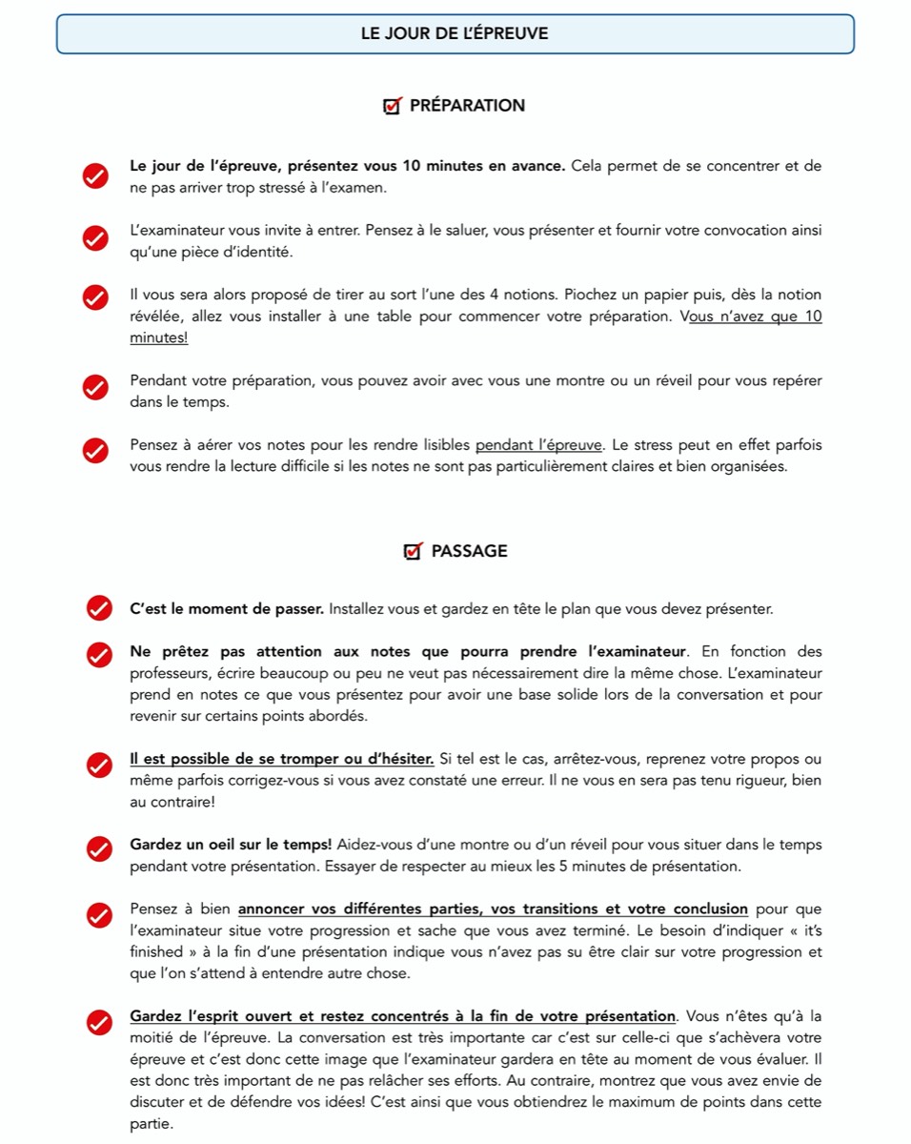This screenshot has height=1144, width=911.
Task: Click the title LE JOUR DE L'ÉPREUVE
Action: coord(455,33)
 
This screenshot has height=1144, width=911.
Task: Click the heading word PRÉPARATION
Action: coord(467,106)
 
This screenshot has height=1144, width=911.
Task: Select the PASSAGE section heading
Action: coord(469,551)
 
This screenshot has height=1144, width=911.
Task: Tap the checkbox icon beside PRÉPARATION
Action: coord(392,106)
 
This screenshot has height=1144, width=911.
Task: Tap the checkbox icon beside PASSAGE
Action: coord(414,551)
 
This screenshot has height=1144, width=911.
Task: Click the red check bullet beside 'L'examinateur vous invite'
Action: coord(95,239)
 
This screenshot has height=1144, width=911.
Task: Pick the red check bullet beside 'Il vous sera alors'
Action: coord(95,297)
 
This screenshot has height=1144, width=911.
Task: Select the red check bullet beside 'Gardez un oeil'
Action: coord(99,848)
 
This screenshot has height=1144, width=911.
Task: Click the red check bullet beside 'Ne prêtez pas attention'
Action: coord(99,655)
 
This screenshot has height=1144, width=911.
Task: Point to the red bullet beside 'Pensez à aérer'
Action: coord(95,450)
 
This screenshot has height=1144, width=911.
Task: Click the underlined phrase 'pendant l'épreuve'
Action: coord(538,445)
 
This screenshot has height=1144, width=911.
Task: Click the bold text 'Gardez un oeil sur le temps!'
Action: coord(231,845)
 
